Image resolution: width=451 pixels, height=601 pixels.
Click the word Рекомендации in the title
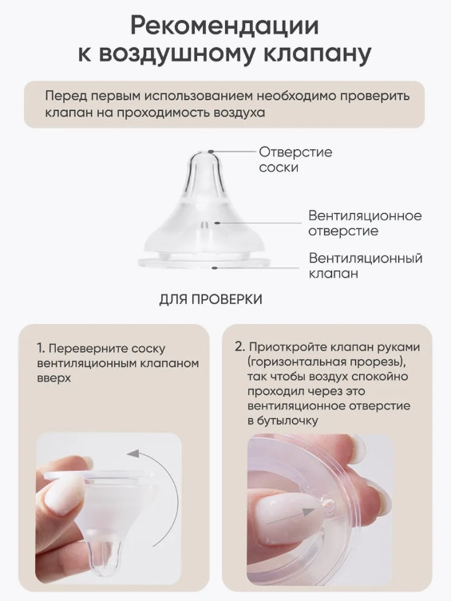pyautogui.click(x=224, y=26)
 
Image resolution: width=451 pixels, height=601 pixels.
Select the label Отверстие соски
pyautogui.click(x=295, y=160)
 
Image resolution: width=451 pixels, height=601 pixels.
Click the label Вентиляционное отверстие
pyautogui.click(x=365, y=223)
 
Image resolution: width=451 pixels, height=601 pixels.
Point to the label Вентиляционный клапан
pyautogui.click(x=366, y=265)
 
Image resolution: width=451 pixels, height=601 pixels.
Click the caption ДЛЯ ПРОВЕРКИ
pyautogui.click(x=211, y=299)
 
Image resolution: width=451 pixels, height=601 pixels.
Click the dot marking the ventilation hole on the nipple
pyautogui.click(x=216, y=223)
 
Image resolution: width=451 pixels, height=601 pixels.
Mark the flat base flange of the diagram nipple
pyautogui.click(x=204, y=263)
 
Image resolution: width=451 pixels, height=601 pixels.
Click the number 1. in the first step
pyautogui.click(x=41, y=349)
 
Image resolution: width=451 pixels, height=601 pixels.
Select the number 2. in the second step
pyautogui.click(x=240, y=347)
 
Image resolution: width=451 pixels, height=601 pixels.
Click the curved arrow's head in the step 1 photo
pyautogui.click(x=133, y=454)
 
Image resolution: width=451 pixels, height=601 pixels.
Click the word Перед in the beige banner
pyautogui.click(x=65, y=96)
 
